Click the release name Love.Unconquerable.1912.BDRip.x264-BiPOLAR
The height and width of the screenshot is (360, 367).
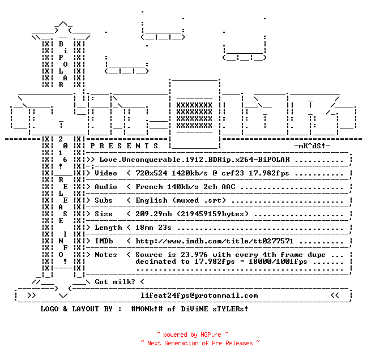click(194, 160)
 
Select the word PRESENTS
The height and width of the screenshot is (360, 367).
click(124, 146)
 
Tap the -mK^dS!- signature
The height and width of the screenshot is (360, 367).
click(312, 146)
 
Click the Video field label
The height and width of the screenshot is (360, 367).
click(106, 173)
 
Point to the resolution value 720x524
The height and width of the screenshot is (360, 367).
click(151, 173)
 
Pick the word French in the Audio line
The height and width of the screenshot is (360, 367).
click(149, 187)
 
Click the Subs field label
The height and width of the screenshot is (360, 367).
click(104, 200)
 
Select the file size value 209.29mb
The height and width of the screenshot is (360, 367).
click(153, 214)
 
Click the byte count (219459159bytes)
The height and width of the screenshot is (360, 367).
click(212, 214)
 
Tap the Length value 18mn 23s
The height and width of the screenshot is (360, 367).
click(153, 228)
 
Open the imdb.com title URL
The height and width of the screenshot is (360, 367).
click(215, 241)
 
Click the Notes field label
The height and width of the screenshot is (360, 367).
click(106, 255)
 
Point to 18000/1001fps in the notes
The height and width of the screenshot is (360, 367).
click(278, 262)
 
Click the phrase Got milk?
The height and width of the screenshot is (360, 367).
click(115, 282)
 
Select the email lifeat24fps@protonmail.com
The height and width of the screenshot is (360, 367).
click(199, 295)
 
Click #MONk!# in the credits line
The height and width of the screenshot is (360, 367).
click(147, 309)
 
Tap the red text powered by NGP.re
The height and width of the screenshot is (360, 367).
click(192, 335)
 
